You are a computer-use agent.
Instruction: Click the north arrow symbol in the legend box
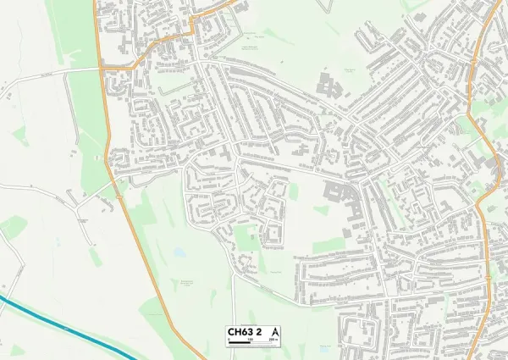pos(276,330)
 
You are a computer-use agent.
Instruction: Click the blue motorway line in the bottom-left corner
pos(51,320)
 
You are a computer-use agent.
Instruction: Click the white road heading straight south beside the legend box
pos(232,305)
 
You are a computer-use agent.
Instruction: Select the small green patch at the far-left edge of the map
pos(12,227)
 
